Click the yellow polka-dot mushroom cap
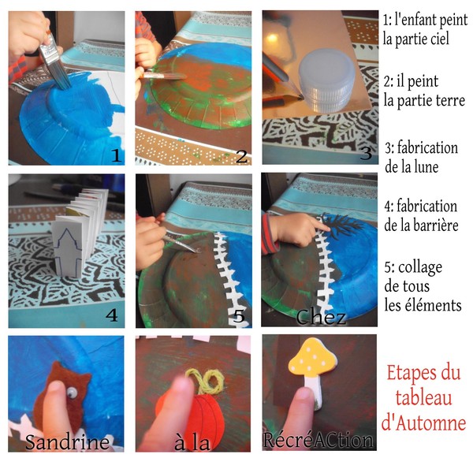(x=312, y=358)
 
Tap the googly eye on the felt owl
(x=72, y=392)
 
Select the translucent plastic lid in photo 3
(x=326, y=81)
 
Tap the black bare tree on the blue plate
(x=341, y=225)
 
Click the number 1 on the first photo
(x=116, y=155)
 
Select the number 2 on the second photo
(x=242, y=156)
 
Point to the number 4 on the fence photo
(x=112, y=315)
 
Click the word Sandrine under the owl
(x=67, y=442)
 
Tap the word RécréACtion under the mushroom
(x=318, y=440)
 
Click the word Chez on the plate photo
(x=320, y=317)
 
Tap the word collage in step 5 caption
(x=420, y=267)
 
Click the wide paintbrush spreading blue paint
(x=54, y=61)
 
